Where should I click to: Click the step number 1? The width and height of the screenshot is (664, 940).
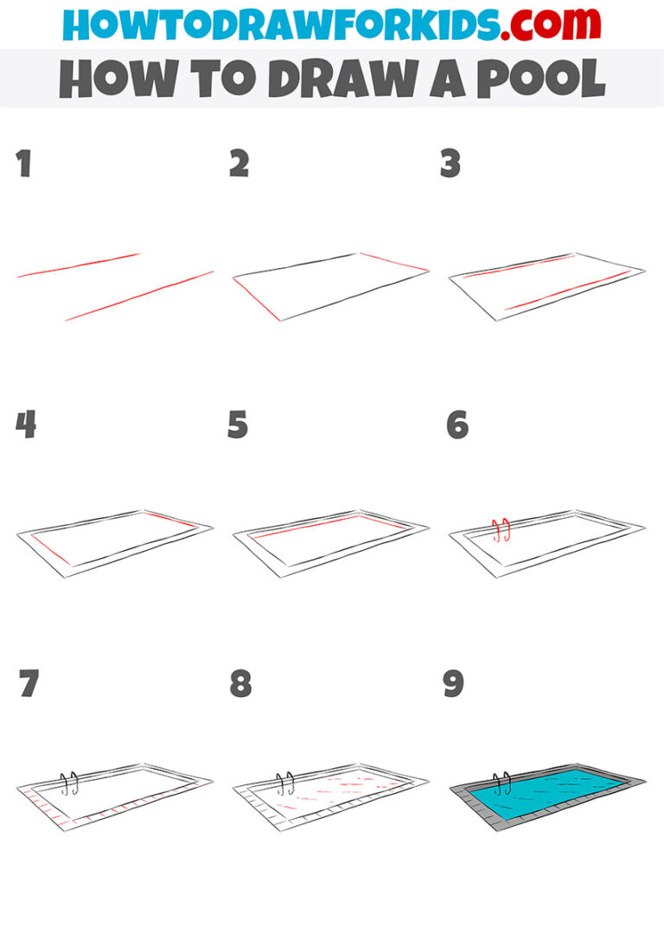[x=23, y=163]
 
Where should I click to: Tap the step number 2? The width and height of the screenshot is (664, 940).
[x=239, y=163]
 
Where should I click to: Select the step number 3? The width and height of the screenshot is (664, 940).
[x=450, y=163]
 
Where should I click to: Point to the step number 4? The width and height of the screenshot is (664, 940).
[x=26, y=425]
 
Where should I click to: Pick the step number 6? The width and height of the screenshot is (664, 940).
[x=457, y=425]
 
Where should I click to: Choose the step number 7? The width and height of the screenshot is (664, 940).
[x=29, y=684]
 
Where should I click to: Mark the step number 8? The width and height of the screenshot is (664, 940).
[x=240, y=684]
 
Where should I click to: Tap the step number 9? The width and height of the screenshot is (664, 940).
[x=453, y=684]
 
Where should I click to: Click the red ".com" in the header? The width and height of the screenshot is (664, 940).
[x=538, y=23]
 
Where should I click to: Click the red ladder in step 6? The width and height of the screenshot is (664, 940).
[x=500, y=529]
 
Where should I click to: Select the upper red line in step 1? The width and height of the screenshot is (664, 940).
[x=79, y=265]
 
